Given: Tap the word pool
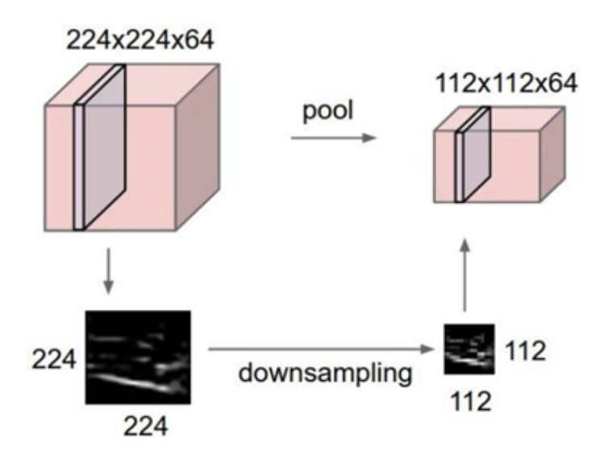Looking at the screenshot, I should (327, 110).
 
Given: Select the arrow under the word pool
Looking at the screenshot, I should (333, 138).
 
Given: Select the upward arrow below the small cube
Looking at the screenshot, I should (465, 274).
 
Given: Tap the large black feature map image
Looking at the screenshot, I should (138, 357).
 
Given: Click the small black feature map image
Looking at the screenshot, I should (468, 349).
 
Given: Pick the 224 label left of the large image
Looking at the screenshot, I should (54, 360).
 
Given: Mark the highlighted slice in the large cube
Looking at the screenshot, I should (102, 149).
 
